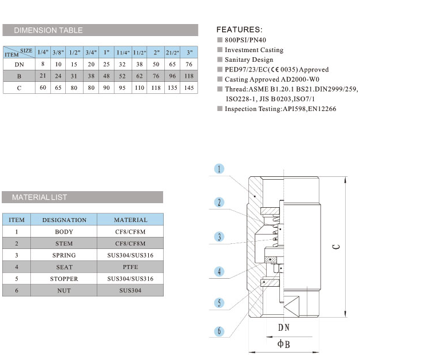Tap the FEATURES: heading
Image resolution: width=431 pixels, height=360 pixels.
coord(239,29)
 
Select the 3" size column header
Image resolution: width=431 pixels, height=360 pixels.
coord(189,52)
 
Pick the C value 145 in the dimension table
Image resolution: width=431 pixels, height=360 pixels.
coord(189,88)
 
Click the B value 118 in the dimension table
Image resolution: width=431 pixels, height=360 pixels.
coord(189,76)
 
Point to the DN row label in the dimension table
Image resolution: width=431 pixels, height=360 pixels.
coord(19,65)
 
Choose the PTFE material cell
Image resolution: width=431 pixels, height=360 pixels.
coord(131,267)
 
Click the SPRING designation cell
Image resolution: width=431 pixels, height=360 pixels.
coord(64,255)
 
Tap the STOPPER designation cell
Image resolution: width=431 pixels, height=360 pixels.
coord(64,279)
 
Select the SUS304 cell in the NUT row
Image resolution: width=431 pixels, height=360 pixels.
coord(131,291)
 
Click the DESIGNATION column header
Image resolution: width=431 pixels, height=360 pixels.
coord(64,220)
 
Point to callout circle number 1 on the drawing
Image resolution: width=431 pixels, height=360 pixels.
coord(220,169)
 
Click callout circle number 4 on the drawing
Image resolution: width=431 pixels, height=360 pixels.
coord(220,272)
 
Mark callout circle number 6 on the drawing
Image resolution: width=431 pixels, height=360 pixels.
coord(220,331)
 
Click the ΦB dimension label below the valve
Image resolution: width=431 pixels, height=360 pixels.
coord(283,344)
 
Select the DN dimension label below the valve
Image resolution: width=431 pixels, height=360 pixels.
coord(284,327)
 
